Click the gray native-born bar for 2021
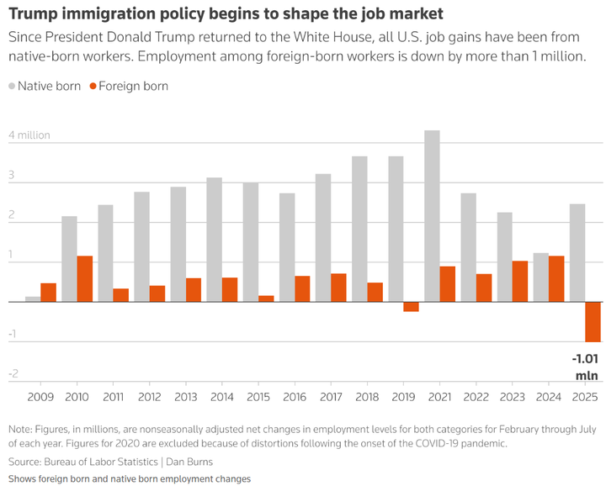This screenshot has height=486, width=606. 432,216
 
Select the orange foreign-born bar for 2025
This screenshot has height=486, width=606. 593,321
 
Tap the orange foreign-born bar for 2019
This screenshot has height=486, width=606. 411,307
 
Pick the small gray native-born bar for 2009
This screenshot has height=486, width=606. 33,298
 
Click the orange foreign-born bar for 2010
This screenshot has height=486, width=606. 85,279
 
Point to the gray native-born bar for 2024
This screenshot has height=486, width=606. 541,277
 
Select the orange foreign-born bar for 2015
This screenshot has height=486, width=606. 266,298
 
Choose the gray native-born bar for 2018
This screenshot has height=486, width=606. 359,229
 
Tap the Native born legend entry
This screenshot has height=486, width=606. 47,86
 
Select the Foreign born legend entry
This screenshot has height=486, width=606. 133,86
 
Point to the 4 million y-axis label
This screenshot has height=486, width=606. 29,135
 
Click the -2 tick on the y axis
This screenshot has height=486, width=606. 13,374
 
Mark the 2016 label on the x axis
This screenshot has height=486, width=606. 295,395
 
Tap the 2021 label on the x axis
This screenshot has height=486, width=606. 440,395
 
